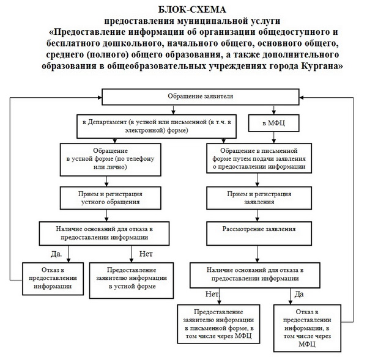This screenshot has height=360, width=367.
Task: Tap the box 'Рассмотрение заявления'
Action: tap(259, 230)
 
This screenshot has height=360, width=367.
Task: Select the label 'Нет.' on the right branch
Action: tap(212, 294)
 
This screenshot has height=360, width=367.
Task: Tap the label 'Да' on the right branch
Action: tap(299, 294)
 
